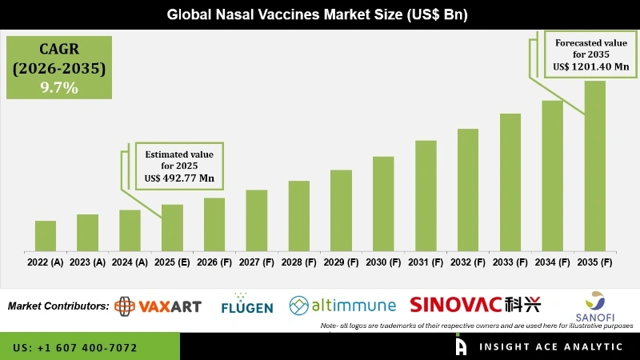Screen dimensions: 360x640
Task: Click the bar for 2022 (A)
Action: point(46,235)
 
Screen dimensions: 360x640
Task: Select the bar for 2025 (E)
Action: point(172,227)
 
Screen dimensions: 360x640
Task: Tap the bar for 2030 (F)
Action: point(383,203)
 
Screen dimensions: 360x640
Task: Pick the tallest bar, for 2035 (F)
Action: point(595,166)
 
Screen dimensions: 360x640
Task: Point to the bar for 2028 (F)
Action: point(299,215)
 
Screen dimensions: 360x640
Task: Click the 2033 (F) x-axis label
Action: point(510,262)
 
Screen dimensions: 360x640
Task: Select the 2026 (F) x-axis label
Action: point(214,262)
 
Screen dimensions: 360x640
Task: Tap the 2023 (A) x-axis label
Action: point(88,262)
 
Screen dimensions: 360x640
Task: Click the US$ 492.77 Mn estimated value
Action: point(180,178)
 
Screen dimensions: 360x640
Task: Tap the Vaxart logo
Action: point(158,306)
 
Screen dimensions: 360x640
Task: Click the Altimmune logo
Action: point(342,305)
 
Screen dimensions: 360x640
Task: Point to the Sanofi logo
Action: point(595,306)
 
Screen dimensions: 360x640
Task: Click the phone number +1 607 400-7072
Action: point(75,348)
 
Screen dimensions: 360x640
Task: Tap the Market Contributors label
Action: point(58,306)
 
